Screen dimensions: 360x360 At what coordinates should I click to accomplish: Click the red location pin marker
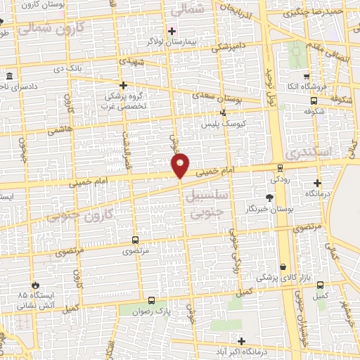pyautogui.click(x=180, y=165)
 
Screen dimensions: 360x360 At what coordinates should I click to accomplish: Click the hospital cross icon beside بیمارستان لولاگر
pyautogui.click(x=172, y=31)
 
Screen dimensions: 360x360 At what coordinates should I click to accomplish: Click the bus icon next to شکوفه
pyautogui.click(x=306, y=100)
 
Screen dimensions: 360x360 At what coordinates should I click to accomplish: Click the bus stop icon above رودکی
pyautogui.click(x=281, y=167)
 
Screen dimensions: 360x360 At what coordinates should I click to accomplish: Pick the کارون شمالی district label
pyautogui.click(x=51, y=29)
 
